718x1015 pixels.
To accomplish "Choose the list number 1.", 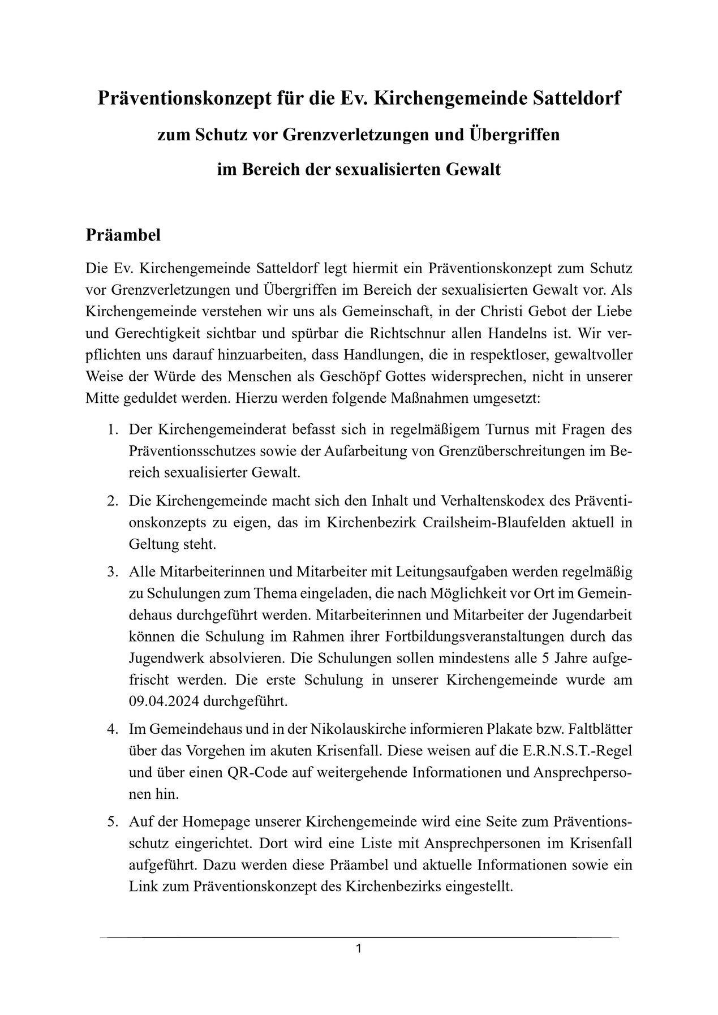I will click(x=112, y=429).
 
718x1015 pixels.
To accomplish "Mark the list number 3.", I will click(x=112, y=572).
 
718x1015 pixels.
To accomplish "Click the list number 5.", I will click(x=112, y=822).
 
